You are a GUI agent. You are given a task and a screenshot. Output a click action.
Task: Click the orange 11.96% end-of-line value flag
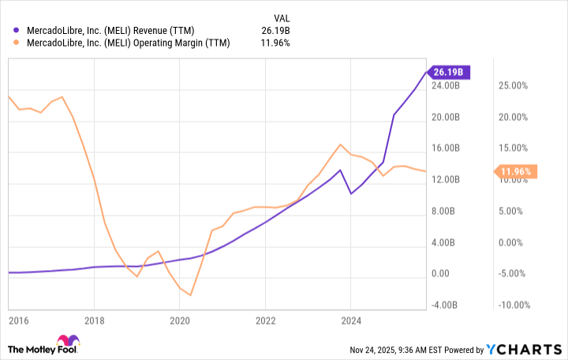click(516, 171)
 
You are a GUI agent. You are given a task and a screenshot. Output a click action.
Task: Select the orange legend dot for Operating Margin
click(16, 43)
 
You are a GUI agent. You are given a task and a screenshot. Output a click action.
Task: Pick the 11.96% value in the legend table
click(275, 43)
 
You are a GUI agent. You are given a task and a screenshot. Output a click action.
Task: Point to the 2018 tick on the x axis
click(94, 321)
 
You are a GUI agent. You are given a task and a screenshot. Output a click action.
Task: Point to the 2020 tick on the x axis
click(180, 321)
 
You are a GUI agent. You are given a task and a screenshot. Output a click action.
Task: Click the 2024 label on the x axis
click(351, 321)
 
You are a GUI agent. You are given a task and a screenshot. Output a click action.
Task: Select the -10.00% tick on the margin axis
click(514, 305)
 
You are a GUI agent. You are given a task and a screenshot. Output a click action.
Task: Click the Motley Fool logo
click(43, 348)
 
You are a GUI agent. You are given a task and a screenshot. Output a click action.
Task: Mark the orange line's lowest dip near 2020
click(190, 295)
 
